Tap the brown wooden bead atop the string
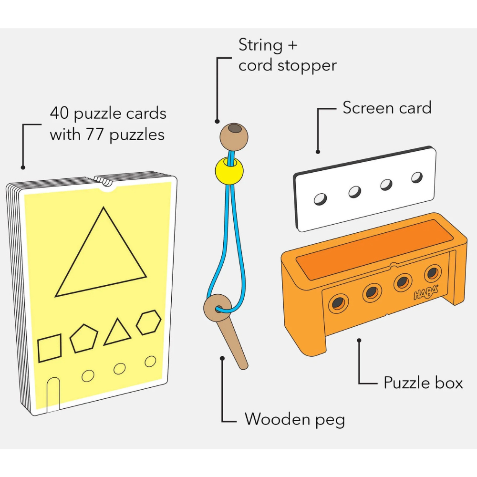click(x=234, y=135)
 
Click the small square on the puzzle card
click(x=50, y=348)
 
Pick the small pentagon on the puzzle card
click(x=84, y=338)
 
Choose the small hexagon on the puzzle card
click(x=148, y=322)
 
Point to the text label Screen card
click(x=387, y=108)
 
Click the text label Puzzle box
click(x=423, y=383)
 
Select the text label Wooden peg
click(x=294, y=419)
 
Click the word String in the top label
click(x=260, y=45)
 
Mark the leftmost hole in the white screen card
click(x=321, y=198)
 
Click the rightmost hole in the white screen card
click(x=417, y=177)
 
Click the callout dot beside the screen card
click(x=318, y=152)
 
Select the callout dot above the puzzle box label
click(x=359, y=341)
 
